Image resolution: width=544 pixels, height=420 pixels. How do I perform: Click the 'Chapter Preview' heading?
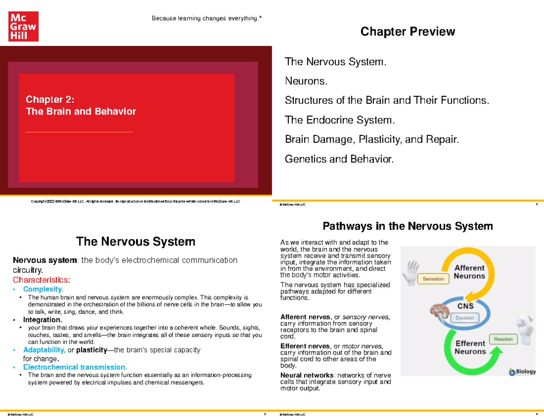point(407,32)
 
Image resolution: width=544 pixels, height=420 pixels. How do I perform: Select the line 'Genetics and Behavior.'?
point(339,159)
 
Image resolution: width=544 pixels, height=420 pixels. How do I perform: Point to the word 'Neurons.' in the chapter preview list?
point(306,81)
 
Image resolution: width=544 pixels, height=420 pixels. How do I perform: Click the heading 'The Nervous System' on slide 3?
point(136,241)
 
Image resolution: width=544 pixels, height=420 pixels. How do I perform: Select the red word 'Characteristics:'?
point(42,280)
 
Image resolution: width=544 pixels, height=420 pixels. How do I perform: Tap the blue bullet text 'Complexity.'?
point(44,289)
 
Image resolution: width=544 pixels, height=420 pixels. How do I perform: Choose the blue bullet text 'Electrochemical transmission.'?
point(75,367)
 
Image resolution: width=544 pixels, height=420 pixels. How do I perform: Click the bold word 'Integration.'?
point(43,320)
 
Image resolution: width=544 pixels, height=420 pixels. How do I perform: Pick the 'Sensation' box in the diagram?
point(433,279)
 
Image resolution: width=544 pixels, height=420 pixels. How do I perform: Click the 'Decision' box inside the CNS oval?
point(464,318)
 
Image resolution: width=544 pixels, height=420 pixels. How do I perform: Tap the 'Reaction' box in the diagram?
point(503,339)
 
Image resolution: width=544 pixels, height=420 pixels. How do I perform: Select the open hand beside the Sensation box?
point(412,271)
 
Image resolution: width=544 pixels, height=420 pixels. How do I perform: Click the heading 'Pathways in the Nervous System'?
point(407,226)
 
